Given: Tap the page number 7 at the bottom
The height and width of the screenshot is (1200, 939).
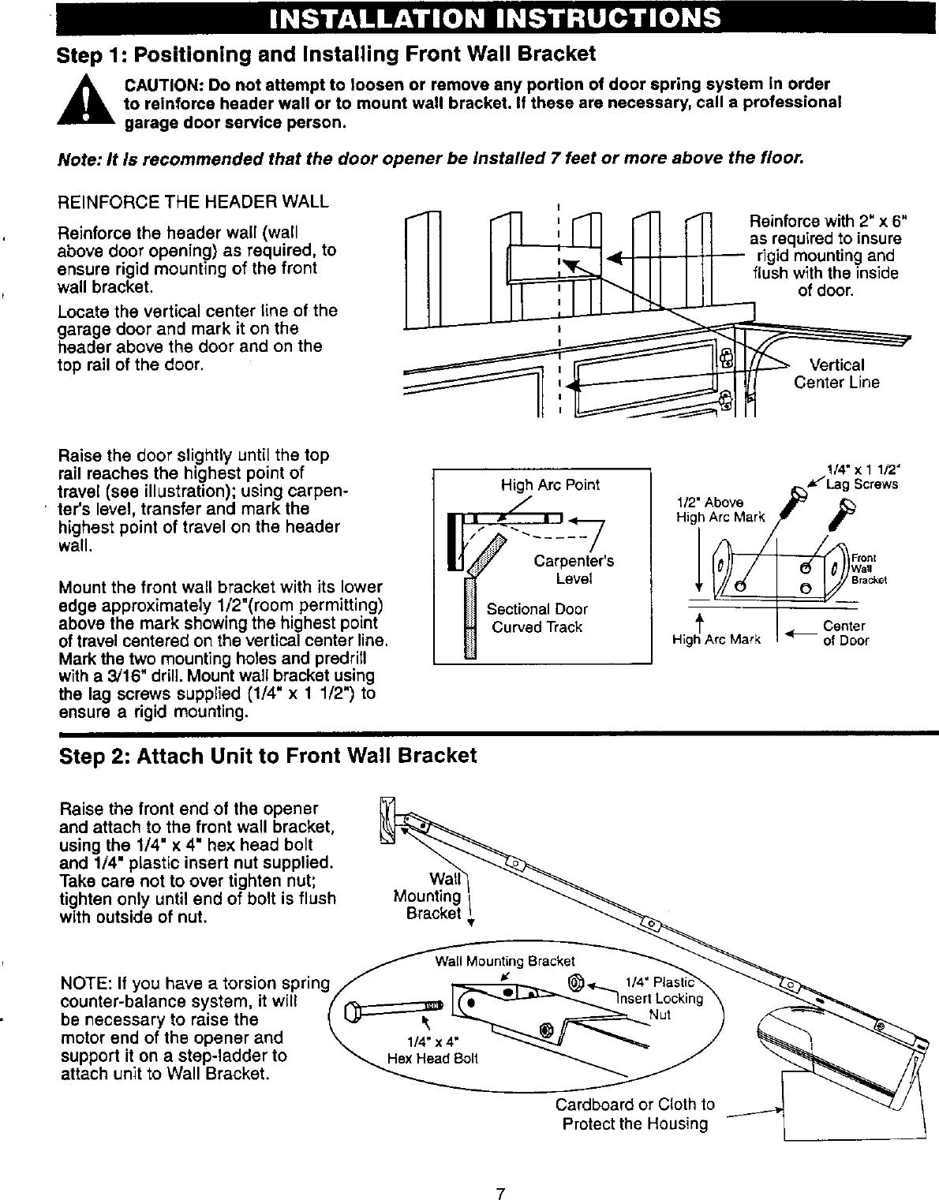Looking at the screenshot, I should tap(499, 1171).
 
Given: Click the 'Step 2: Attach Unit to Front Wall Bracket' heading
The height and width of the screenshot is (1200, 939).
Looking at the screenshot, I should tap(268, 756).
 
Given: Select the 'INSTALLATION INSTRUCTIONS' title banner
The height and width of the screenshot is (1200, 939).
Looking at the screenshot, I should tap(495, 18).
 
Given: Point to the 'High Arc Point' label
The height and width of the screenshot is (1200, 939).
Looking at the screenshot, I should tap(550, 484).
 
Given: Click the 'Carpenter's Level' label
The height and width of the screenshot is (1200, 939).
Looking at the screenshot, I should tap(574, 570).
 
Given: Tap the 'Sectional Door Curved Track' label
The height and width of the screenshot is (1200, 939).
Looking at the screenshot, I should tap(537, 618).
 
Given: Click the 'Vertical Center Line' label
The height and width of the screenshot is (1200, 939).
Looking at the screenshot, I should tap(836, 374).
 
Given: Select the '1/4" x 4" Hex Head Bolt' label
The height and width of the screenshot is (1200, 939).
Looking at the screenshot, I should tap(432, 1051).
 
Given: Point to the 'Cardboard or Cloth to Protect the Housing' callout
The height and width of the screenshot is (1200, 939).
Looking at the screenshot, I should tap(635, 1114).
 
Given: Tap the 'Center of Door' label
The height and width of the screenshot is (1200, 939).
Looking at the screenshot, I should tap(844, 634).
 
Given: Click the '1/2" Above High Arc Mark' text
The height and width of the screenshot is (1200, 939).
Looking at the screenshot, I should tap(720, 510).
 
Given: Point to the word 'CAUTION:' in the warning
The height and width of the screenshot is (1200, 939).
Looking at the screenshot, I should tap(157, 85).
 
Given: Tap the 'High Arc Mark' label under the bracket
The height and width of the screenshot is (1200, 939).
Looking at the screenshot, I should tap(716, 641).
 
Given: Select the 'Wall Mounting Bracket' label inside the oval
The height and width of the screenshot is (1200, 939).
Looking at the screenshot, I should tap(505, 961).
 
